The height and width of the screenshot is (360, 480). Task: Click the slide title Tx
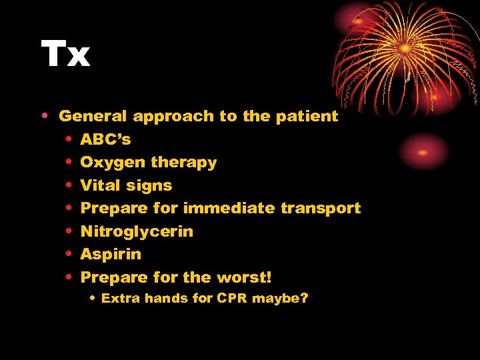pyautogui.click(x=65, y=55)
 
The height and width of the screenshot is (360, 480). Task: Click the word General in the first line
pyautogui.click(x=93, y=116)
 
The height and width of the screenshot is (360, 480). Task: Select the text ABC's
pyautogui.click(x=105, y=139)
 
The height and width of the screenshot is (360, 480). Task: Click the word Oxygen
pyautogui.click(x=113, y=163)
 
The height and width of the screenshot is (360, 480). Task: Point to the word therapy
pyautogui.click(x=183, y=163)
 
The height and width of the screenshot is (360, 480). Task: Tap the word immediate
pyautogui.click(x=229, y=208)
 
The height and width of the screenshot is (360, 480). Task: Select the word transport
pyautogui.click(x=321, y=209)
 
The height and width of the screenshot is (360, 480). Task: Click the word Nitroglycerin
pyautogui.click(x=137, y=232)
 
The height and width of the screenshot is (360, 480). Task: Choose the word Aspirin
pyautogui.click(x=111, y=255)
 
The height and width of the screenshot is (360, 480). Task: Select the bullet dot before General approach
pyautogui.click(x=44, y=116)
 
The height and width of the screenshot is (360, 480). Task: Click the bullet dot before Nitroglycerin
pyautogui.click(x=69, y=231)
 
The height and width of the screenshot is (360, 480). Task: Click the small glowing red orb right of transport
pyautogui.click(x=423, y=151)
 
